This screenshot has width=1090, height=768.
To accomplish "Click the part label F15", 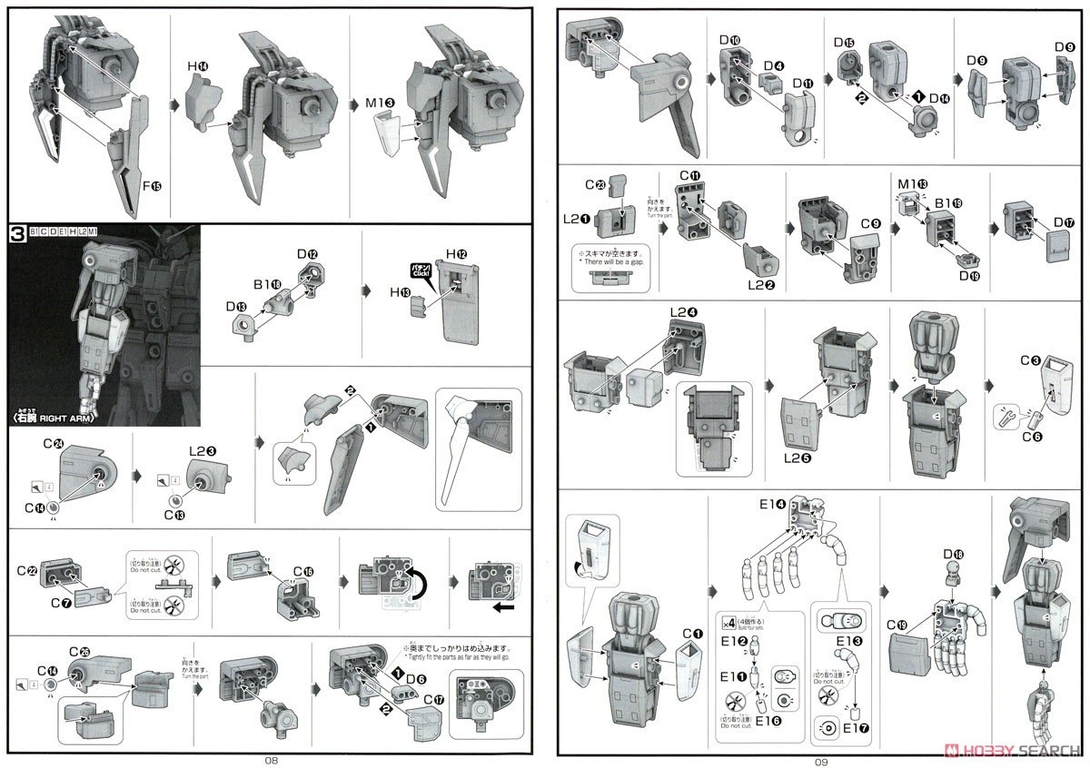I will tap(153, 187).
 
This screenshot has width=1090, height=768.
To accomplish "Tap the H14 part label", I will tap(198, 66).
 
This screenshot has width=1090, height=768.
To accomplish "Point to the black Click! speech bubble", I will tap(420, 271).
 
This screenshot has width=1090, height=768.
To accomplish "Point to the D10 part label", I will tap(728, 40).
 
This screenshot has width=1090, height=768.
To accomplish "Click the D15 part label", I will tap(844, 44).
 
